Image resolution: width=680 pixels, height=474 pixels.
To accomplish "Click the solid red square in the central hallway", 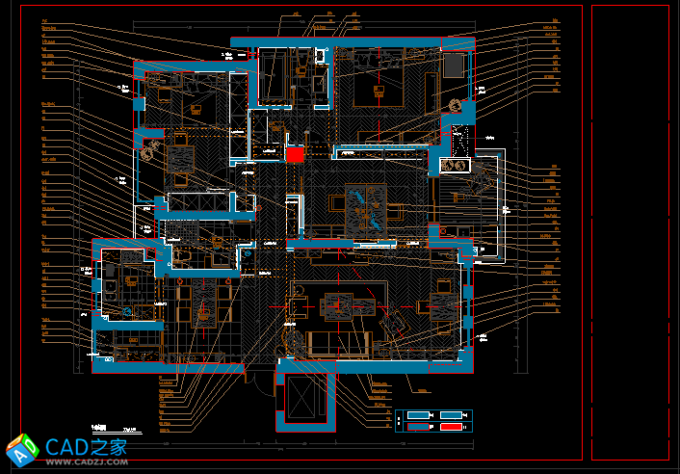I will (295, 154).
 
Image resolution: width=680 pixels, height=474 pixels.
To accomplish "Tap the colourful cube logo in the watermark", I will (22, 450).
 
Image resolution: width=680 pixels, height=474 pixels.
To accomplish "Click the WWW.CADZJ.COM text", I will (88, 462).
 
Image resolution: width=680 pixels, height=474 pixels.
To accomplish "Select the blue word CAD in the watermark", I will (67, 446).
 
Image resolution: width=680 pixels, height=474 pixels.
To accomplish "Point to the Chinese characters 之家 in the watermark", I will (110, 446).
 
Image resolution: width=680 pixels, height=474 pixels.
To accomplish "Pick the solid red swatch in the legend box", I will (450, 427).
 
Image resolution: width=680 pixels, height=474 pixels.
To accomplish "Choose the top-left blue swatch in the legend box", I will (416, 415).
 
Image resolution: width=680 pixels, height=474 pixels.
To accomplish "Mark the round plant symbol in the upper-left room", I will (148, 149).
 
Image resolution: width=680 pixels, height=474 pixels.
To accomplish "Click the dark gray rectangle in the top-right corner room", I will (453, 65).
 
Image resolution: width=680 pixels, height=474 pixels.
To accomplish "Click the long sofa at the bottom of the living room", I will (338, 341).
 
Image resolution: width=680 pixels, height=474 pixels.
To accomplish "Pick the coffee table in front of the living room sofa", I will (338, 305).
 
